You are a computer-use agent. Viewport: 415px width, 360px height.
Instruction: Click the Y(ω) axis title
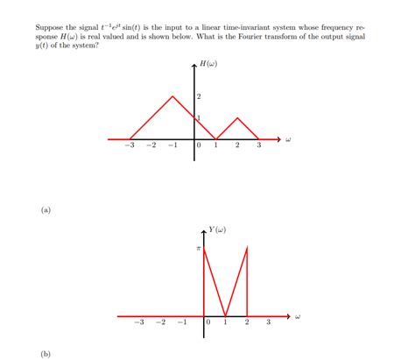tap(218, 229)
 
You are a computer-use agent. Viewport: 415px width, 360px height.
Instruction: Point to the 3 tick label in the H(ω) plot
tap(259, 146)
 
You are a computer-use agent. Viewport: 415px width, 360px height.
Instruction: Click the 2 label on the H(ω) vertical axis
tap(200, 95)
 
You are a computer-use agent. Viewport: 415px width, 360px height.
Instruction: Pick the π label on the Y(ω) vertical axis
tap(198, 249)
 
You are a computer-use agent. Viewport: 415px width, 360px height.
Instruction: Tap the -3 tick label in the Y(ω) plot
tap(138, 324)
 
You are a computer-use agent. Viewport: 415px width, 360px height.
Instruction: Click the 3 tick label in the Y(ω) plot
tap(269, 324)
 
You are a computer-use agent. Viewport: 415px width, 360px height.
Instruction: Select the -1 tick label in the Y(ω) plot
tap(181, 324)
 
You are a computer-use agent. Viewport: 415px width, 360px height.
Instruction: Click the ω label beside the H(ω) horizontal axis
tap(288, 138)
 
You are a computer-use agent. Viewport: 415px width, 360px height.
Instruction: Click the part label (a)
tap(45, 210)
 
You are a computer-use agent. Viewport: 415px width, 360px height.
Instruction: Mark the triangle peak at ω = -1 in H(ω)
tap(172, 96)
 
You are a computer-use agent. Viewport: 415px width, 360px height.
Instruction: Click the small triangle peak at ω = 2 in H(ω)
tap(237, 118)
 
